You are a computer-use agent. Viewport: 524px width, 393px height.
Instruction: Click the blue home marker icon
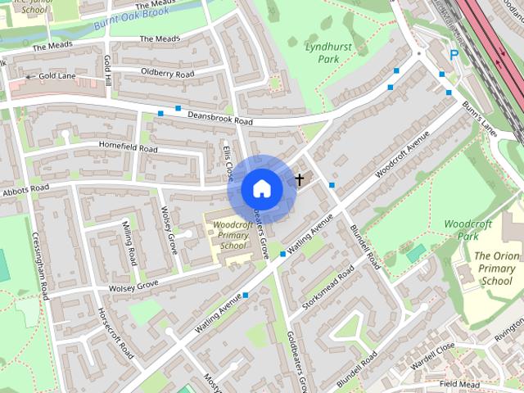tap(261, 188)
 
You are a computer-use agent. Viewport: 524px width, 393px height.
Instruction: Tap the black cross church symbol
tap(299, 178)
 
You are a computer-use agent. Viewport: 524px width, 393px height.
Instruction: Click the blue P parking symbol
tap(454, 56)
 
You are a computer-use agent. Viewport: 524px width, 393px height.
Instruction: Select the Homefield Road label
tap(128, 148)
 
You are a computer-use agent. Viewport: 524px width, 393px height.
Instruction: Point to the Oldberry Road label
tap(167, 74)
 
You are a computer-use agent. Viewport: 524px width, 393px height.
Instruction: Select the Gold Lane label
tap(56, 76)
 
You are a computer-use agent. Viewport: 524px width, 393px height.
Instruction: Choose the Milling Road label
tap(129, 242)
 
